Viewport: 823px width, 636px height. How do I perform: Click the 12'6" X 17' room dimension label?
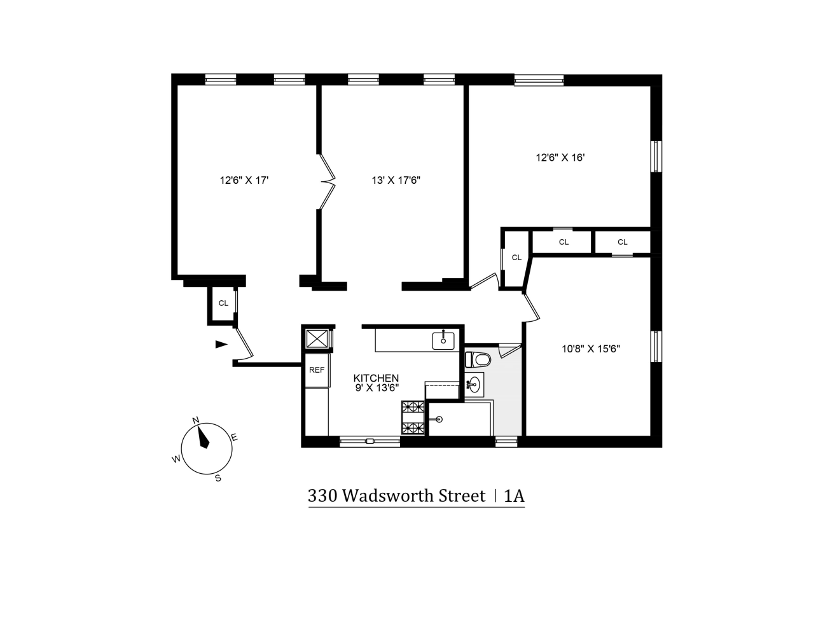click(x=244, y=180)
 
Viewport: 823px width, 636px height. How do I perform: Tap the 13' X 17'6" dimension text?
click(x=396, y=180)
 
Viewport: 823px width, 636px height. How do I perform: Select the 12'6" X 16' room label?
click(x=560, y=157)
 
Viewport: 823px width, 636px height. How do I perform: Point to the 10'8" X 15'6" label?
click(x=590, y=349)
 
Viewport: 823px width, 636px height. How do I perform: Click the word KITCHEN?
click(x=376, y=378)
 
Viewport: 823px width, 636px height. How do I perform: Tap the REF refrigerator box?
click(x=317, y=370)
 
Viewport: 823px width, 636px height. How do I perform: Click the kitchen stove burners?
click(x=412, y=417)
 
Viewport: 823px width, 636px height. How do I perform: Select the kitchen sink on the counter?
click(x=443, y=340)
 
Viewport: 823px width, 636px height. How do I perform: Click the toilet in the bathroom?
click(x=478, y=359)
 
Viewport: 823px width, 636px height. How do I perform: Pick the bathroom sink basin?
click(x=474, y=384)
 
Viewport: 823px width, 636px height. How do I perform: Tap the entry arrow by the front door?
click(x=221, y=344)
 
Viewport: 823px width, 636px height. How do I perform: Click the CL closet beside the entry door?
click(x=223, y=303)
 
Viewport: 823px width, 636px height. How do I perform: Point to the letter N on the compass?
click(x=196, y=420)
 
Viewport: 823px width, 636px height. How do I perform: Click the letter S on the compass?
click(x=218, y=478)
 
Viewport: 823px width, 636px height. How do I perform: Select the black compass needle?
click(x=204, y=437)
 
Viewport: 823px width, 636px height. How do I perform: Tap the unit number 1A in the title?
click(x=514, y=496)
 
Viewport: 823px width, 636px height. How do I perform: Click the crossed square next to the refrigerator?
click(x=317, y=338)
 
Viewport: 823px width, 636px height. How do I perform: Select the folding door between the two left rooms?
click(x=327, y=182)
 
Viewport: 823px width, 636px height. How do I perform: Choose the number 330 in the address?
click(x=322, y=496)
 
